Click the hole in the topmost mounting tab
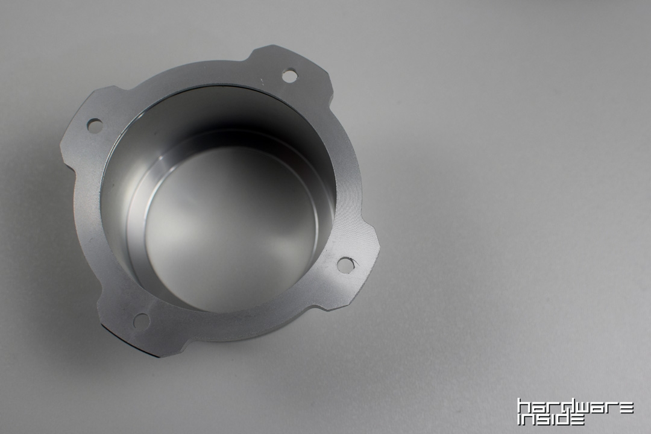click(290, 75)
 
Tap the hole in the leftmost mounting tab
click(94, 125)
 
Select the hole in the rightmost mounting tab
click(345, 265)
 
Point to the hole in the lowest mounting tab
click(141, 320)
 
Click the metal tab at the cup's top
click(291, 69)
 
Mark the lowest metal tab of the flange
click(137, 324)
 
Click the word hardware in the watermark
click(576, 409)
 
